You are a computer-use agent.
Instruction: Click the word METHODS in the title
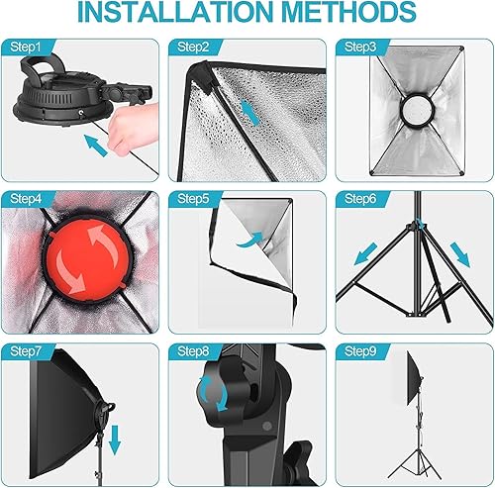click(350, 14)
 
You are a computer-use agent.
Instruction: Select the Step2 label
click(190, 48)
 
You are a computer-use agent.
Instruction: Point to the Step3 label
click(358, 48)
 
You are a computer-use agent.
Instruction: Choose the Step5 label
click(190, 199)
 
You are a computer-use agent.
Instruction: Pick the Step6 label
click(358, 199)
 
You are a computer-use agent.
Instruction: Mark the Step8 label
click(190, 351)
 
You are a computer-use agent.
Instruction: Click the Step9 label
click(358, 351)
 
